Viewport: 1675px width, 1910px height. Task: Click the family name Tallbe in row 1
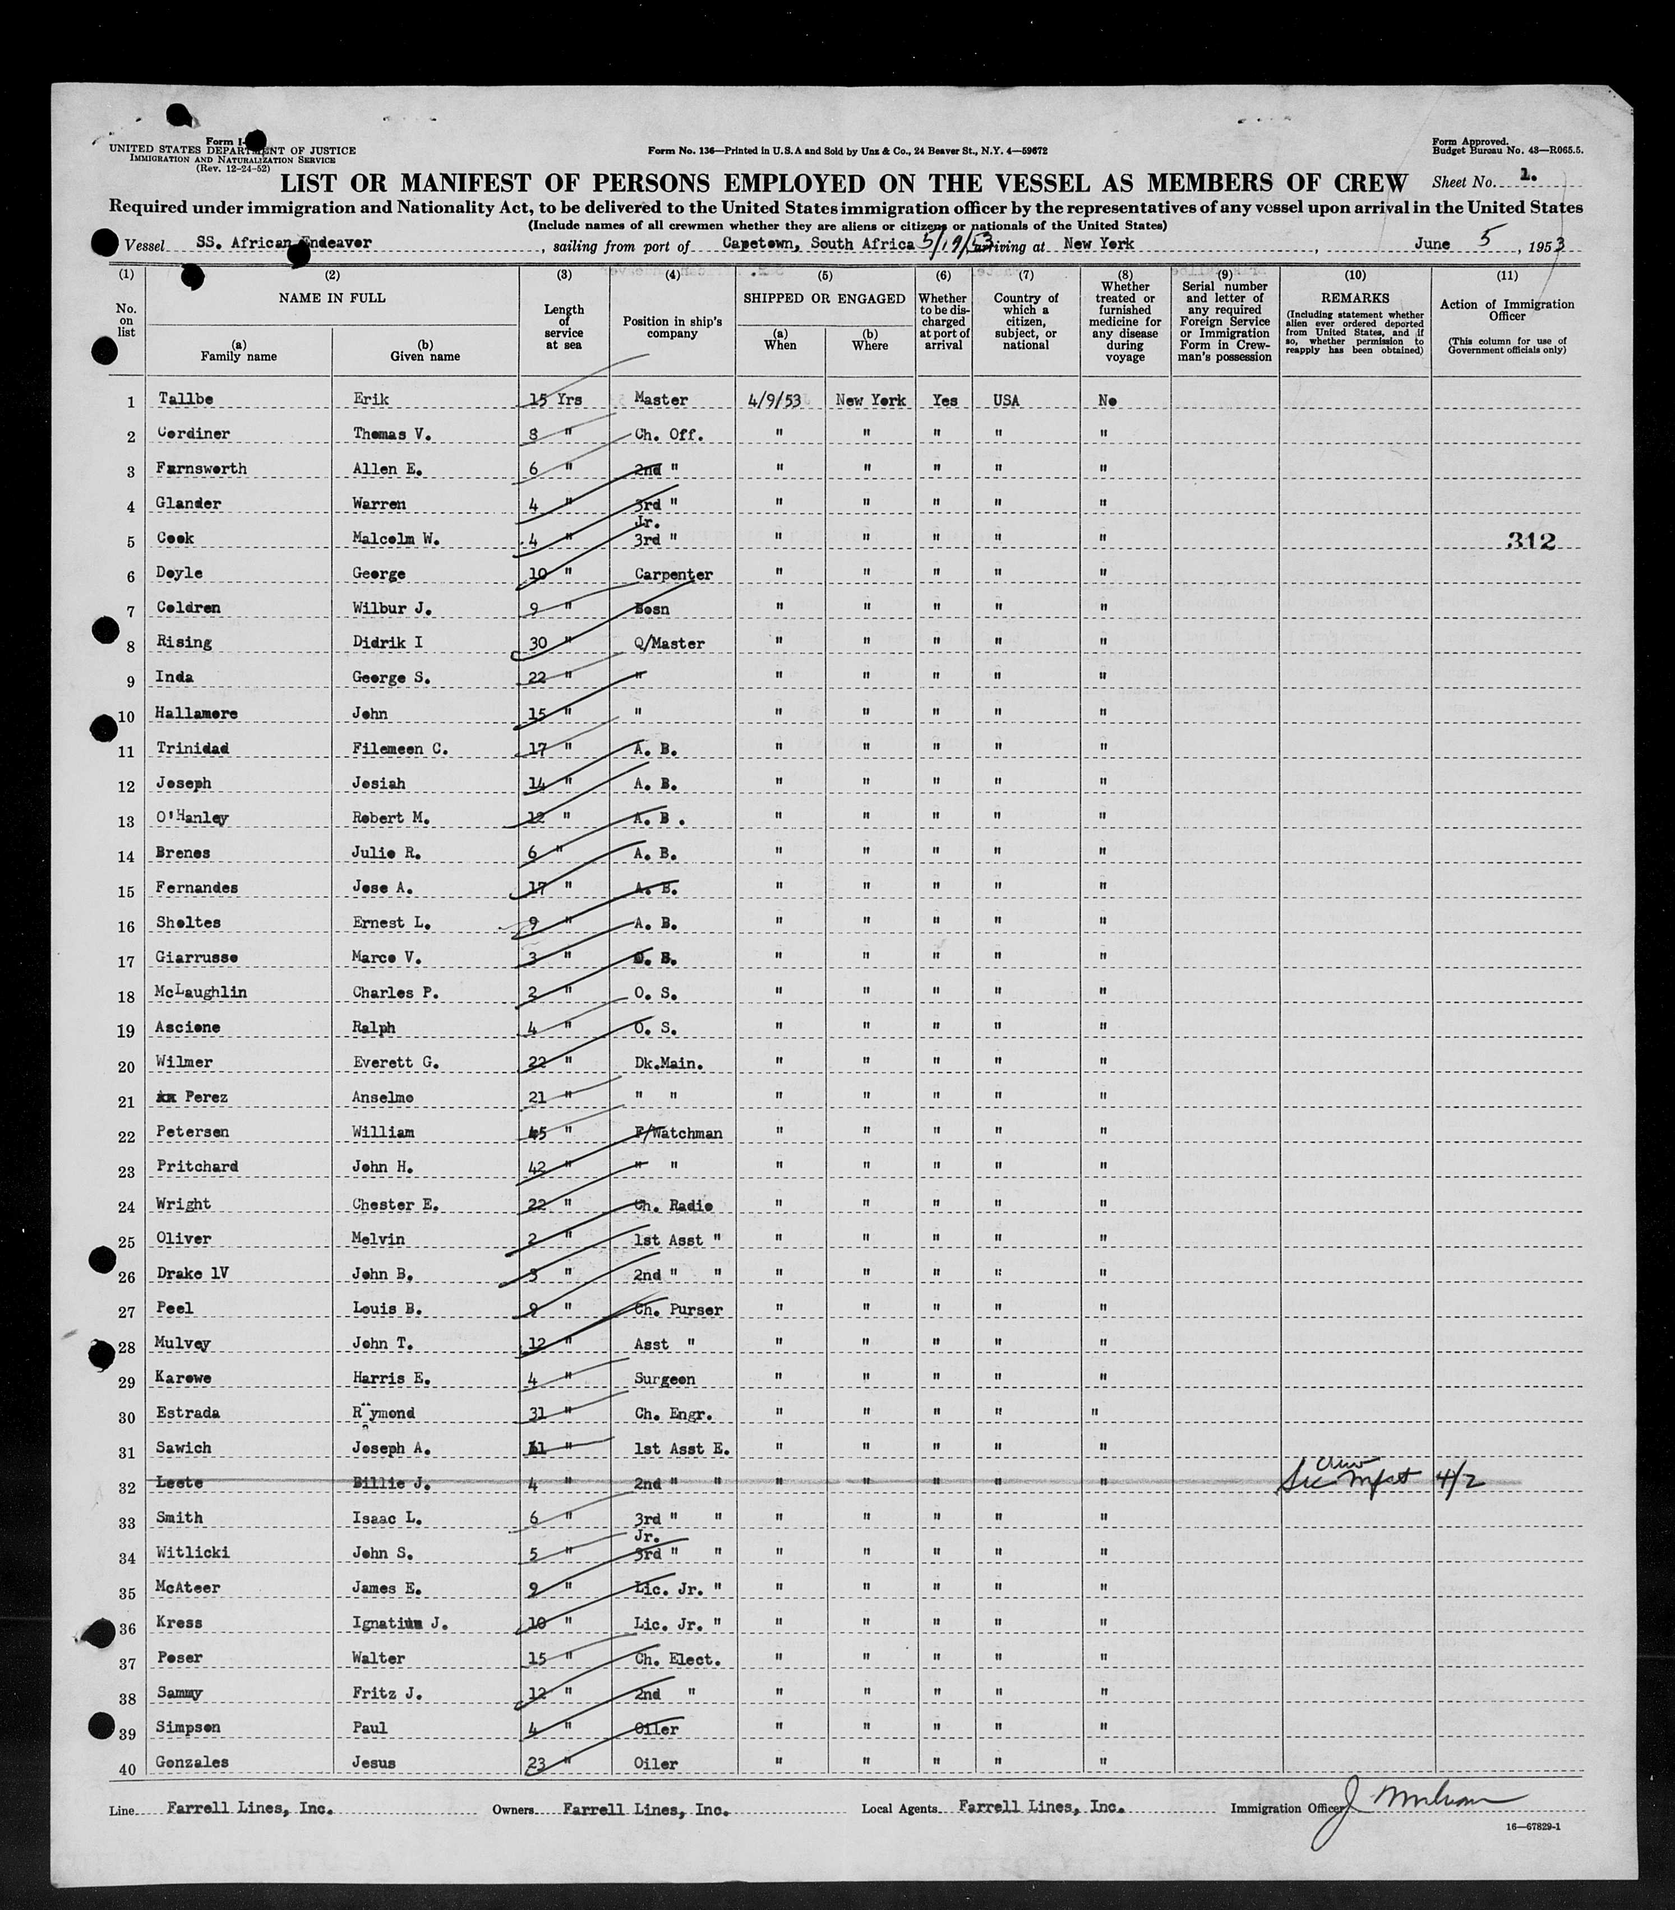[186, 399]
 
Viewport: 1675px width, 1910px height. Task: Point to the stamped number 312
[1530, 541]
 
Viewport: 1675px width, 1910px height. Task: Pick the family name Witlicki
[192, 1552]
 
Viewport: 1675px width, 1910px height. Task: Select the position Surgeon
[665, 1379]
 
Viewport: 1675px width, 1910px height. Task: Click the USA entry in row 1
[1007, 399]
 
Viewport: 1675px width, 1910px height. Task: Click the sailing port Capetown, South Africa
[818, 243]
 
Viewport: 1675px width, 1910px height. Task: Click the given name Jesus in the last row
[374, 1763]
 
